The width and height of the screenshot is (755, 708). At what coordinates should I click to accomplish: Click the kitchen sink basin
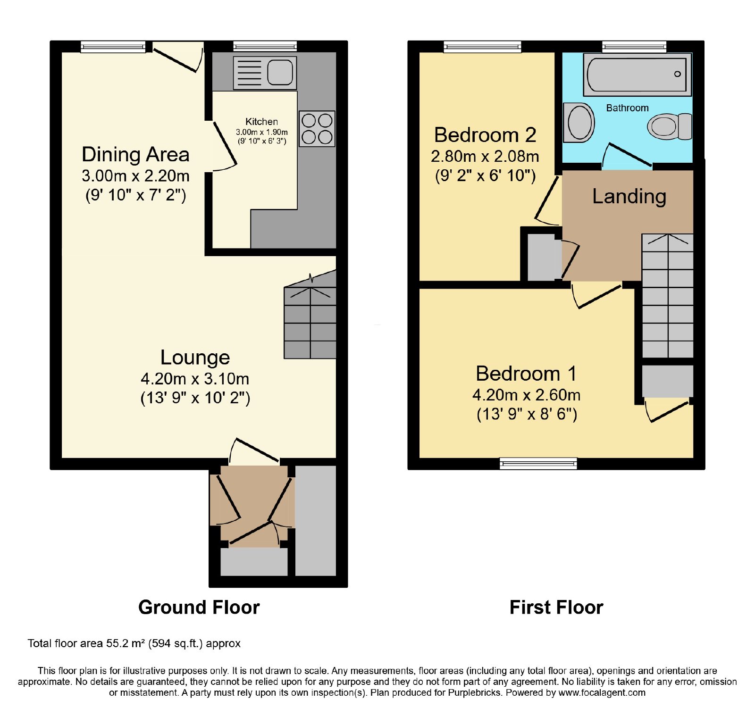tap(280, 73)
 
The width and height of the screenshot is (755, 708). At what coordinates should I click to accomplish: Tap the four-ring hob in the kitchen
tap(317, 129)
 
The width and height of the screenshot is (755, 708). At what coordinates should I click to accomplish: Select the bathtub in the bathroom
tap(637, 75)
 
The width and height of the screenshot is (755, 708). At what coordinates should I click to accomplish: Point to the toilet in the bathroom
tap(670, 126)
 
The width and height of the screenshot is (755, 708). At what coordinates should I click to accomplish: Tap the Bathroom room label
tap(627, 108)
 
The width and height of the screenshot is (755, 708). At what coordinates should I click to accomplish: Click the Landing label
tap(629, 196)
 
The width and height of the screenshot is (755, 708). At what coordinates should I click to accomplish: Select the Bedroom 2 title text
tap(485, 135)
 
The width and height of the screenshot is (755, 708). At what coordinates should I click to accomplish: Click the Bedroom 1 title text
tap(526, 374)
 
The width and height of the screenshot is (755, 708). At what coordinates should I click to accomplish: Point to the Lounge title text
tap(195, 357)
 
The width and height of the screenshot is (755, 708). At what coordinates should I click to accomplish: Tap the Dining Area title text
tap(135, 154)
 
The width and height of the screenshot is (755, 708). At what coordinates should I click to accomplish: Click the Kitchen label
tap(261, 122)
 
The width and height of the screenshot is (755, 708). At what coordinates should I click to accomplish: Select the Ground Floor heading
tap(199, 607)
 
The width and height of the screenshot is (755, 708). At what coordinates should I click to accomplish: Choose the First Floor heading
tap(556, 607)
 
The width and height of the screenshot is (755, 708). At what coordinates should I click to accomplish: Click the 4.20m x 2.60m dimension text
tap(526, 395)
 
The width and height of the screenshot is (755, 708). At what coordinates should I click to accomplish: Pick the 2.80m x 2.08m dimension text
tap(485, 156)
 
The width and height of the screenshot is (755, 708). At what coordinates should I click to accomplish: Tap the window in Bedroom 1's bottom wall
tap(538, 464)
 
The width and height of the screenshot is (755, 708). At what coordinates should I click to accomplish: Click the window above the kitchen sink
tap(265, 46)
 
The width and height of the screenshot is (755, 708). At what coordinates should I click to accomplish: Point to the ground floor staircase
tap(310, 317)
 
